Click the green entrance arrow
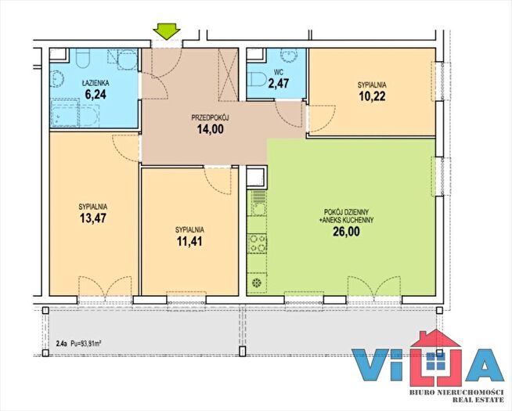click(167, 31)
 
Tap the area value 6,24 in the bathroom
click(96, 95)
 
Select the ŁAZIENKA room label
click(96, 84)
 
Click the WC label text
click(279, 73)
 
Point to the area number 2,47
click(279, 83)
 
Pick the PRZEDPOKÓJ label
click(210, 118)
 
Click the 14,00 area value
click(211, 129)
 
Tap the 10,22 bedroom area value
click(372, 96)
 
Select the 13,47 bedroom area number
click(93, 218)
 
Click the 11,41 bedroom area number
click(189, 241)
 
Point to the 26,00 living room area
click(346, 231)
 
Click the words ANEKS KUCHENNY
click(348, 220)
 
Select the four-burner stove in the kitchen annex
click(258, 243)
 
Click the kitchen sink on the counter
click(258, 204)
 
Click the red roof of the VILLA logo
click(436, 339)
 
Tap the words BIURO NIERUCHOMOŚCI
click(456, 392)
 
